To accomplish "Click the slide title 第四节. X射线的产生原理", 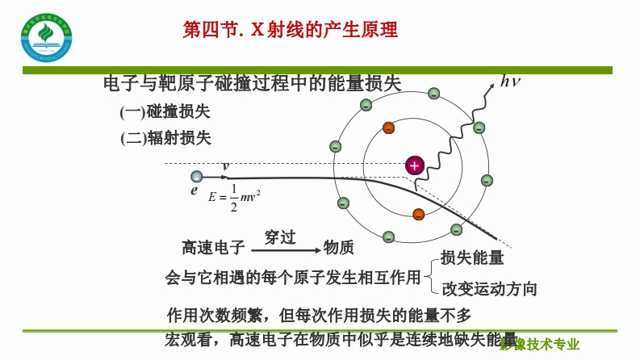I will pos(291,31).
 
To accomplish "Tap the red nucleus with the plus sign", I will pos(415,165).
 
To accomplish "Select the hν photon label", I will pos(511,80).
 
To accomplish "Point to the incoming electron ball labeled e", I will pos(195,177).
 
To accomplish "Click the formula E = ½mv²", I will pos(234,196).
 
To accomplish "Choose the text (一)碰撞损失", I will pos(165,111).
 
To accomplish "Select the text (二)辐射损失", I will pos(165,137).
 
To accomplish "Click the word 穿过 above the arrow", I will pos(280,237).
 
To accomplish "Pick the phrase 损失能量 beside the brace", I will pos(472,258).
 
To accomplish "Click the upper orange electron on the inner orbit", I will pos(389,128).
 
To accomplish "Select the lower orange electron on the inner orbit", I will pos(418,214).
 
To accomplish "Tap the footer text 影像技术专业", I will pos(539,345).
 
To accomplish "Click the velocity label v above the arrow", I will pos(226,165).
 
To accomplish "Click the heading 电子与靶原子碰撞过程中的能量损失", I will pos(253,84).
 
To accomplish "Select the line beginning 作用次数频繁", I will pos(317,315).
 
